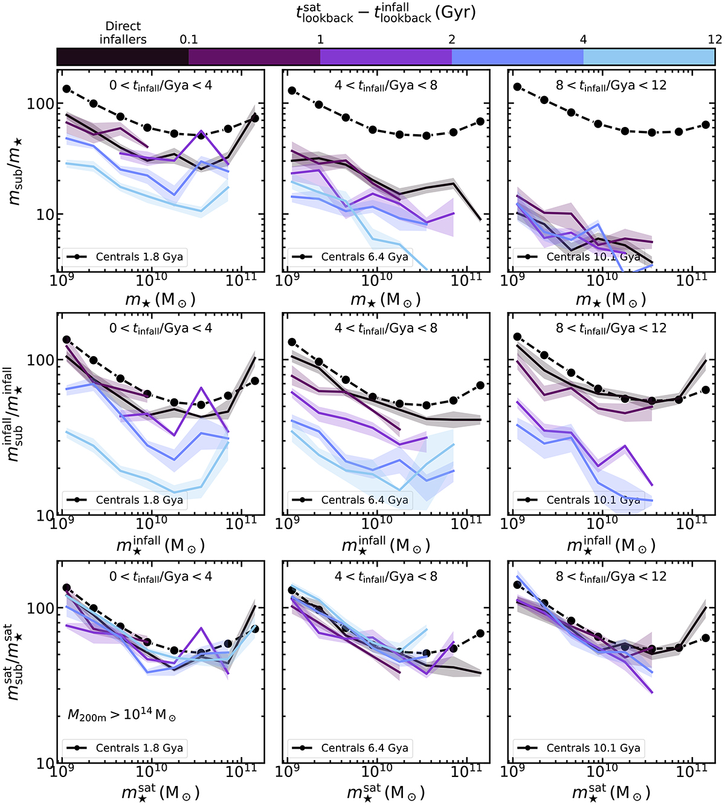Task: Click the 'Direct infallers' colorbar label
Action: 123,33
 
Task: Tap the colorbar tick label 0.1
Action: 188,39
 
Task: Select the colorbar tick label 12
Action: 715,39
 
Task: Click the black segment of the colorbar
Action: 123,57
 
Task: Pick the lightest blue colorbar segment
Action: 649,57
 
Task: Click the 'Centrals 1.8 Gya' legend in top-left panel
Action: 124,257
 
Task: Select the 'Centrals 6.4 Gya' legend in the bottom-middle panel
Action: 350,748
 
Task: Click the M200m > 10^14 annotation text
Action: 122,715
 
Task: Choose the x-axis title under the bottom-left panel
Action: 160,791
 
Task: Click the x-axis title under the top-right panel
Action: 611,299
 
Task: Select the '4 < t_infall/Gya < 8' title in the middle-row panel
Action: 385,328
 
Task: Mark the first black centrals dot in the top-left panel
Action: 67,89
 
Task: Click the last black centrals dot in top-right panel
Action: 706,125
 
